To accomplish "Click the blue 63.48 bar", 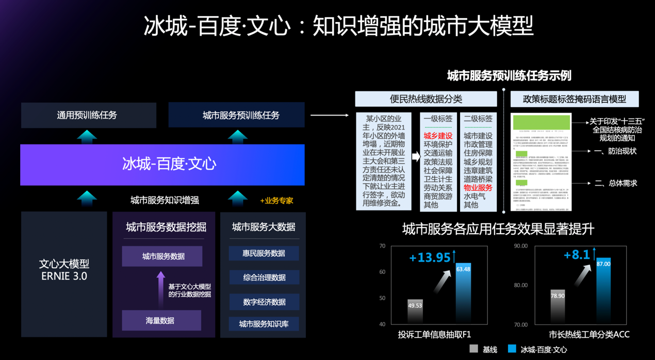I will coord(463,294).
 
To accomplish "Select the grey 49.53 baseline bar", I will coord(415,312).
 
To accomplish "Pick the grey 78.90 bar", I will coord(558,307).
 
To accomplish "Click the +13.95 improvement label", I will coord(430,257).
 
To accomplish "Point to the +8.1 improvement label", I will coord(577,255).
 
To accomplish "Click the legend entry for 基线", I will coord(483,349).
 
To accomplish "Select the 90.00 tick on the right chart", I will coord(520,246).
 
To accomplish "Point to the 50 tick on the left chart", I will coord(382,298).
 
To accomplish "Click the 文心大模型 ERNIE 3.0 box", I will coord(64,270).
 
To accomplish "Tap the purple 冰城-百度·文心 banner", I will coord(162,165).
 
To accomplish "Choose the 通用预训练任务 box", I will coord(88,115).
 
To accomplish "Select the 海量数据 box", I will coord(161,321).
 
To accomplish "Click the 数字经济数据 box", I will coord(264,302).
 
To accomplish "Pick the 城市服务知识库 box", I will coord(264,324).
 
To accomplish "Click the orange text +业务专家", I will coord(276,201).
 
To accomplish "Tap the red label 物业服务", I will coord(478,188).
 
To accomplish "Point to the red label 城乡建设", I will coord(438,136).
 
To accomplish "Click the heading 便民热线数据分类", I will coord(425,99).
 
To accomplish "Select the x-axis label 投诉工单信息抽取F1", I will coord(434,334).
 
